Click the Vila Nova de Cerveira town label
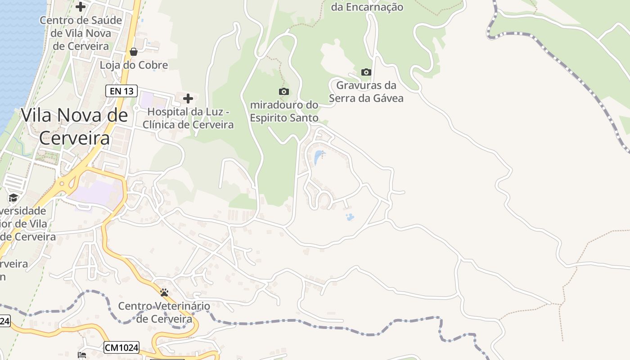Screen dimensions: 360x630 click(x=74, y=126)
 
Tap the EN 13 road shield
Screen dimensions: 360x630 click(x=121, y=91)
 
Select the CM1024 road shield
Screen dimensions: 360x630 click(x=121, y=347)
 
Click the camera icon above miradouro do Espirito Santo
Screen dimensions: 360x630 click(x=284, y=92)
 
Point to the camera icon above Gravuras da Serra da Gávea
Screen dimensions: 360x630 click(x=366, y=72)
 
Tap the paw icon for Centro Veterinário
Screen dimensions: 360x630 click(x=164, y=292)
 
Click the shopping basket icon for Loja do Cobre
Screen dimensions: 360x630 click(x=134, y=52)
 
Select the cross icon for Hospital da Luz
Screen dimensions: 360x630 click(x=188, y=99)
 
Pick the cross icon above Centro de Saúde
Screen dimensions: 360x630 click(x=81, y=7)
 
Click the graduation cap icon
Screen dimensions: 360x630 click(x=13, y=198)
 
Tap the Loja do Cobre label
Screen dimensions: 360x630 click(x=134, y=65)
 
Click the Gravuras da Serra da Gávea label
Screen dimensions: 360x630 click(x=366, y=91)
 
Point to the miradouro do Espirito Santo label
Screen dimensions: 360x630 click(x=284, y=111)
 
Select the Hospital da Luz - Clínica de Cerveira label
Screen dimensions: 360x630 click(x=188, y=118)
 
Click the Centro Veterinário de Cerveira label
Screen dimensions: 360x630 click(x=164, y=312)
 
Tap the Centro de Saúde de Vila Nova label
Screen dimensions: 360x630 click(x=81, y=33)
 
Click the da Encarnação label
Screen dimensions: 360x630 click(x=367, y=7)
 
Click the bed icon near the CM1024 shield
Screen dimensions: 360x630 click(x=82, y=355)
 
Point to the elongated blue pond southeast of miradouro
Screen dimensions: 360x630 click(x=319, y=157)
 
